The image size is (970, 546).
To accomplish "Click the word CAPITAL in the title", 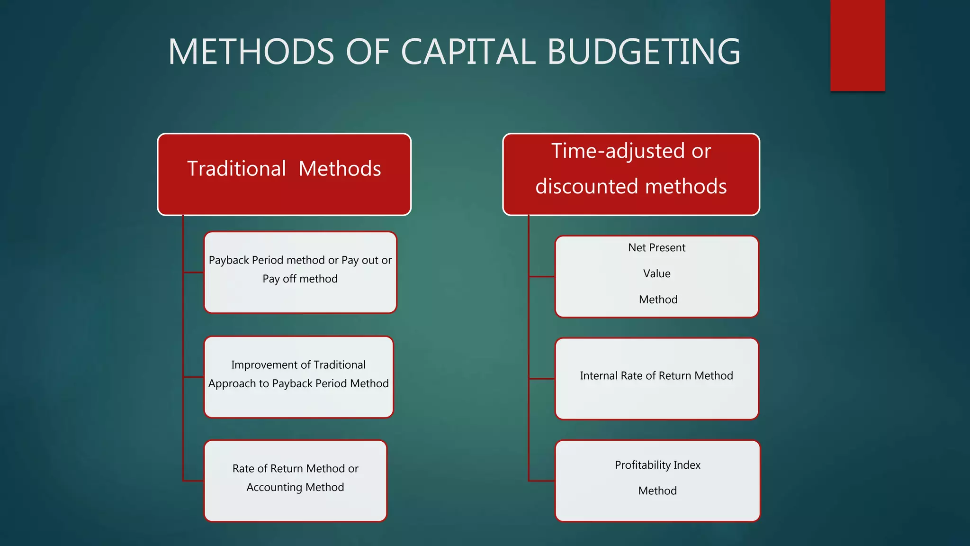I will (468, 52).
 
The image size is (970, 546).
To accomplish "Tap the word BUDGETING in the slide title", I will (644, 52).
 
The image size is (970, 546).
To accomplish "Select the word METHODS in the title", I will (251, 52).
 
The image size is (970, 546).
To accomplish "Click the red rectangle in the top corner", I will (857, 45).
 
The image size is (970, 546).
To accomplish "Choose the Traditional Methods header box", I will (284, 174).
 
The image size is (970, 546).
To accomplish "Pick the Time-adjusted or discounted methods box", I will (631, 174).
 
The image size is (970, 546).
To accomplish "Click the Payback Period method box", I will (300, 273).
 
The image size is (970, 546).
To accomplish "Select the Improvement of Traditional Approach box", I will (298, 377).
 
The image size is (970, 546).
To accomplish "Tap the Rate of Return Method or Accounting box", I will (295, 481).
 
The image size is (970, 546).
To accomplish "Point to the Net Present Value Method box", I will (656, 276).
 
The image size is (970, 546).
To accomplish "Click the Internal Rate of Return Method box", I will (656, 379).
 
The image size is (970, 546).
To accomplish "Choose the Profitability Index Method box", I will (657, 481).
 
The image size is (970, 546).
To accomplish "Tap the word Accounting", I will (274, 487).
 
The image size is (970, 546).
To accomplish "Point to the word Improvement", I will (263, 365).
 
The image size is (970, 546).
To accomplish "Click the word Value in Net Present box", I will (656, 273).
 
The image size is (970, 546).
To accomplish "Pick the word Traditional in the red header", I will (236, 169).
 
